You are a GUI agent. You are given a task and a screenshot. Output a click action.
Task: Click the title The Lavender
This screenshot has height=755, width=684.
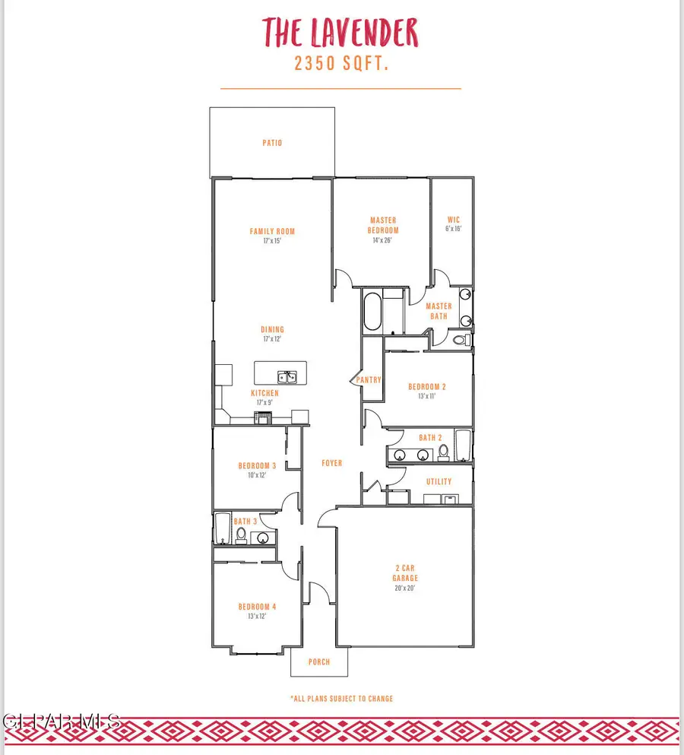coord(340,32)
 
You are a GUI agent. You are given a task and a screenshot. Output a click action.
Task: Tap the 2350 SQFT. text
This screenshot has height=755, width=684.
coord(341,64)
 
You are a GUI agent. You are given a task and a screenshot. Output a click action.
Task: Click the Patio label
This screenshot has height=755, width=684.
coord(272,143)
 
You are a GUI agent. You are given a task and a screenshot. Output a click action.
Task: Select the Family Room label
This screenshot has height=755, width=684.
coord(272,232)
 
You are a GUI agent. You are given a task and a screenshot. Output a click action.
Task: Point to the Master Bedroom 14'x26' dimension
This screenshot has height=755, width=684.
coord(382,240)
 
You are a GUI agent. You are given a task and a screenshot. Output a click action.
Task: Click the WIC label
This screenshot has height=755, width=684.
coord(454,220)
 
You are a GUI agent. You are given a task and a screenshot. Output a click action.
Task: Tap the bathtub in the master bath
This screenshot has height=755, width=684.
coord(372,311)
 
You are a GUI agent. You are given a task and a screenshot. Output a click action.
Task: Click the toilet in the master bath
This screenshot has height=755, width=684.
coord(461,340)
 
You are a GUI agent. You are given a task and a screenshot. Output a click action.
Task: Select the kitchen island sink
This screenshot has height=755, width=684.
coord(287,377)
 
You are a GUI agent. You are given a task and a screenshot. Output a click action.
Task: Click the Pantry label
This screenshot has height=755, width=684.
coord(369,380)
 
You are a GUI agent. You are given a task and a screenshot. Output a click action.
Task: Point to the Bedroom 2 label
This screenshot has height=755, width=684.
coord(427,387)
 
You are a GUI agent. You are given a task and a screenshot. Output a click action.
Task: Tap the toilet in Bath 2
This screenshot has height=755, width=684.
coord(444,452)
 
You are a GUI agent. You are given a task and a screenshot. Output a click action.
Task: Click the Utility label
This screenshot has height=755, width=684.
coord(439,481)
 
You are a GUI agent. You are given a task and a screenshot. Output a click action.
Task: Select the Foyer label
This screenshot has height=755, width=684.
coord(332,463)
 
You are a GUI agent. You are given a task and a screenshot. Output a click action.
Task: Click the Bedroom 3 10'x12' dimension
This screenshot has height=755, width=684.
coord(257,475)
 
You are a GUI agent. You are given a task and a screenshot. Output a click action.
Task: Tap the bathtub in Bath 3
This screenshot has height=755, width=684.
coord(223,528)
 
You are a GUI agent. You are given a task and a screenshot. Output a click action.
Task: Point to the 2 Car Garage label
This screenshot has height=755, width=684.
coord(405,573)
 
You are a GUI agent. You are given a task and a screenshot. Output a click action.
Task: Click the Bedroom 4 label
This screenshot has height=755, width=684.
coord(258,607)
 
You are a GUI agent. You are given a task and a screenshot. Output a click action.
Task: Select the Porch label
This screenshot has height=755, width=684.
coord(319,662)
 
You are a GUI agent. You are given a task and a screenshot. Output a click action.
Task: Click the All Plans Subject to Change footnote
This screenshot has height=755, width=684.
coord(342,699)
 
